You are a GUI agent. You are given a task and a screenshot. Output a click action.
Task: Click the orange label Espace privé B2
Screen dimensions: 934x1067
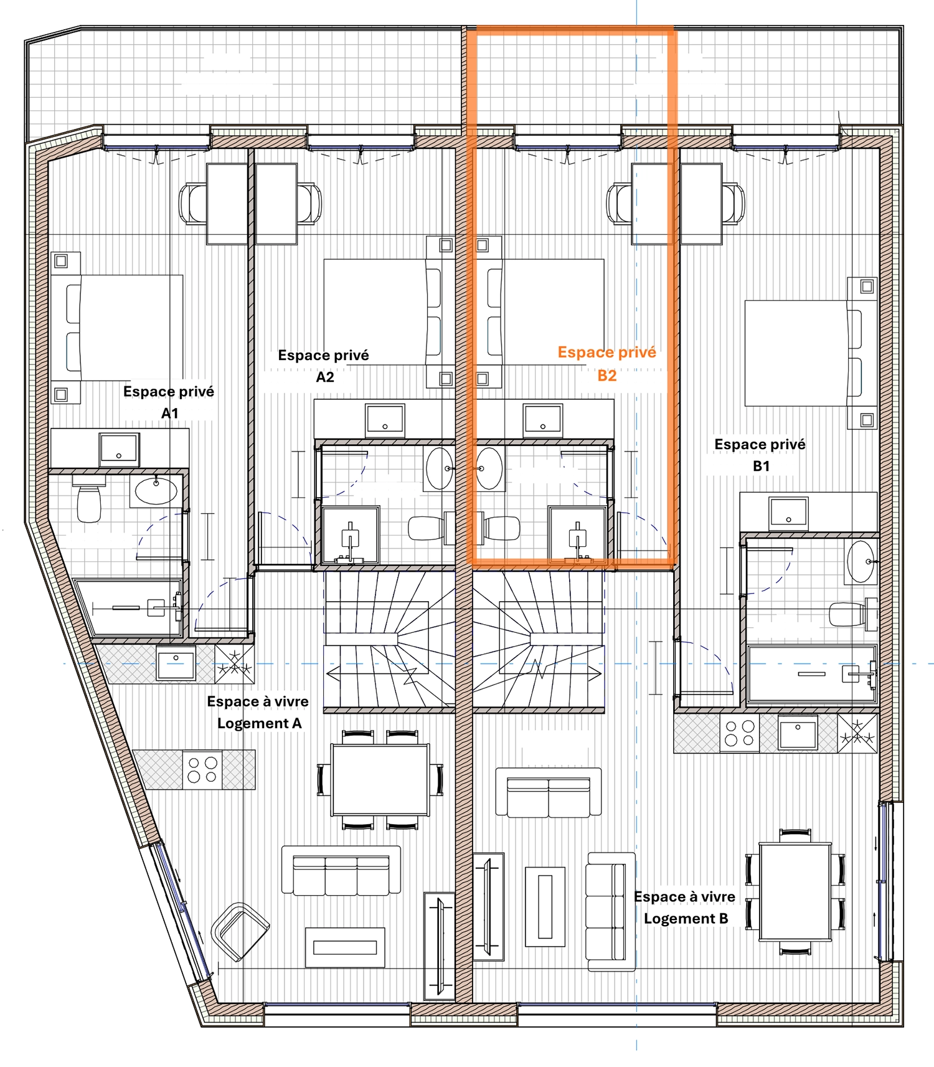pos(607,364)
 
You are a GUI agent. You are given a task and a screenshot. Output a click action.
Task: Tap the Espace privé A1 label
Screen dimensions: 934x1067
pos(169,402)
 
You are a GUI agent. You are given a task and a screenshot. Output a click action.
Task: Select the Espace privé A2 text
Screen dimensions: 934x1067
pos(324,366)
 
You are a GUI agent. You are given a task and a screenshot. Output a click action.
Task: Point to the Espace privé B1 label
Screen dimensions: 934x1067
pos(760,455)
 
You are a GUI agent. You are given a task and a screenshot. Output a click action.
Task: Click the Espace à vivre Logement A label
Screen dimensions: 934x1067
pos(258,712)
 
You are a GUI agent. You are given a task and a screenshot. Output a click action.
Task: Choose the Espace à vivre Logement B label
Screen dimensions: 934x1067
pos(685,907)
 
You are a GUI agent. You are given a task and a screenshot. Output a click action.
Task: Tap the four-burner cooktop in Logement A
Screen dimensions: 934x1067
pos(202,769)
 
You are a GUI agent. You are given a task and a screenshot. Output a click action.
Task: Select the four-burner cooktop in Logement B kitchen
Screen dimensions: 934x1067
pos(740,733)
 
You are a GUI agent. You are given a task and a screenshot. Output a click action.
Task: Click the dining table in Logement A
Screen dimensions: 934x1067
pos(380,780)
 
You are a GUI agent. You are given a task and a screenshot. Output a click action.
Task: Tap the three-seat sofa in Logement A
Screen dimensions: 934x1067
pos(341,870)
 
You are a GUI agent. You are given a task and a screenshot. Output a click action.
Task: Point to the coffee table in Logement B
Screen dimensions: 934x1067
pos(545,907)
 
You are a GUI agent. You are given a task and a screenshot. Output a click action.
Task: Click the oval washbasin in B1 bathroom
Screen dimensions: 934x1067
pos(861,561)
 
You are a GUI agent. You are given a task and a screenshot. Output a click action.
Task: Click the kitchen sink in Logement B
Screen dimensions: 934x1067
pos(798,733)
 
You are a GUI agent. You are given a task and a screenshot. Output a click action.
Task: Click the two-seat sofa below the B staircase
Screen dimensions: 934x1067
pos(549,792)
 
